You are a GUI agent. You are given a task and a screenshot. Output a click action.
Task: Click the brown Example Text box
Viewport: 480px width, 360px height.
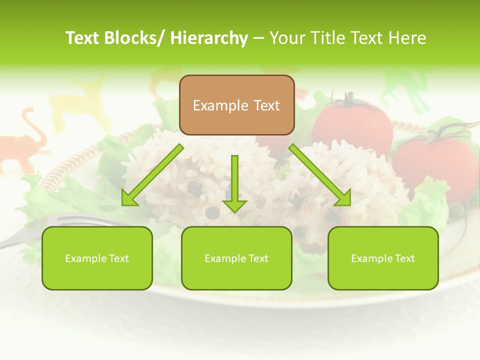(236, 105)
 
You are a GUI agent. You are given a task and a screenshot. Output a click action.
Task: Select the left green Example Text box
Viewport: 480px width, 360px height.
(97, 258)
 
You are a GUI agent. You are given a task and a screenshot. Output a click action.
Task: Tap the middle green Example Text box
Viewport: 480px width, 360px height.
(236, 258)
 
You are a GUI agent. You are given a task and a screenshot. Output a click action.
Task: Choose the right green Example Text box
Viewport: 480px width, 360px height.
(383, 258)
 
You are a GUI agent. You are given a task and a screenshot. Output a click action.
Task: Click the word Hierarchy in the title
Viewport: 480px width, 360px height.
(209, 38)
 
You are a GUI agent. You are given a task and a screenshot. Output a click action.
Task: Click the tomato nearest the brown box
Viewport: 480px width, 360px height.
(352, 122)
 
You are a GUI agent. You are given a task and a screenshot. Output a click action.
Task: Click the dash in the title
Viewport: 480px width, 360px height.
(258, 38)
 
